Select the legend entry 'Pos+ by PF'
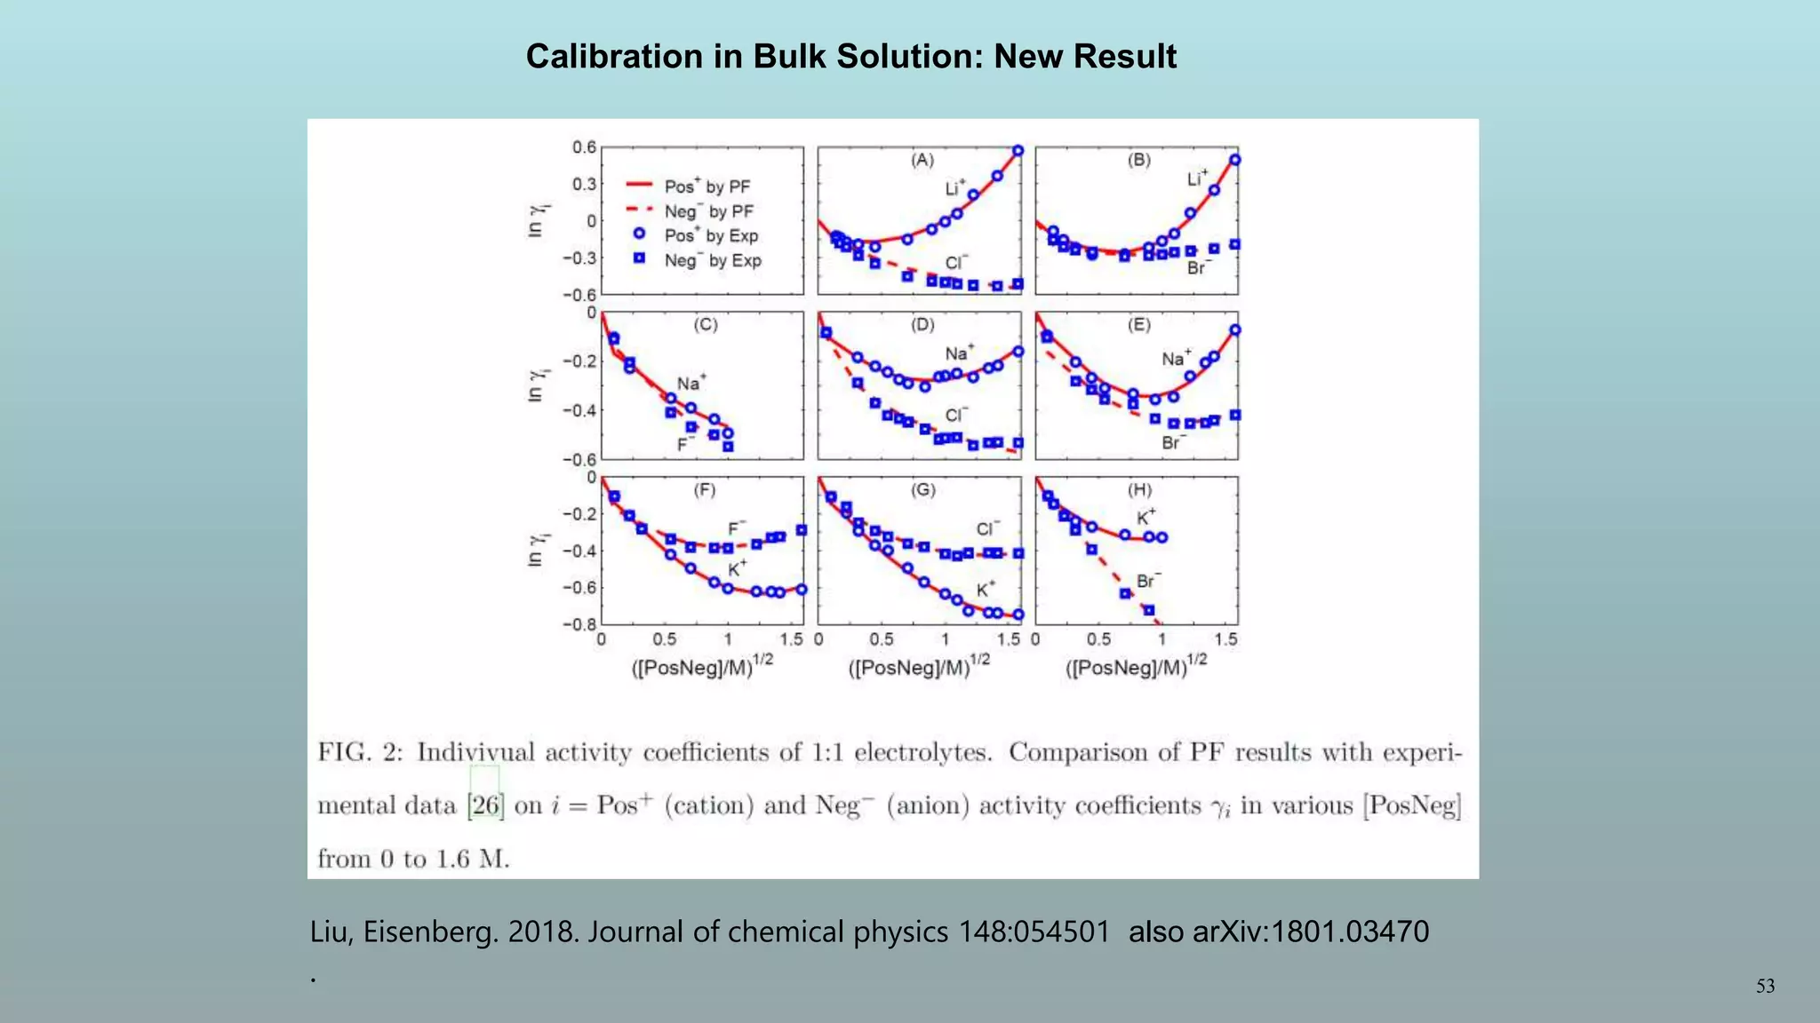[x=706, y=186]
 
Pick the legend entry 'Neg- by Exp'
[x=712, y=260]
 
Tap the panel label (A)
[x=922, y=160]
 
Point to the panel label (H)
[x=1139, y=490]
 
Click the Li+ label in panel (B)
[x=1198, y=178]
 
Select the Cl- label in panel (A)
[x=956, y=263]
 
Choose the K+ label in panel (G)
[x=986, y=590]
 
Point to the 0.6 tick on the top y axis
[x=584, y=147]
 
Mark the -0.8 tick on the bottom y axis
[x=579, y=624]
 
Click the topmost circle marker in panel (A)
[x=1018, y=151]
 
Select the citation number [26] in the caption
[x=485, y=805]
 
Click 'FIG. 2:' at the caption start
[x=360, y=753]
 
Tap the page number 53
[x=1765, y=987]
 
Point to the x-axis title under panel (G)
[x=918, y=666]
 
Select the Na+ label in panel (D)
[x=959, y=353]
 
